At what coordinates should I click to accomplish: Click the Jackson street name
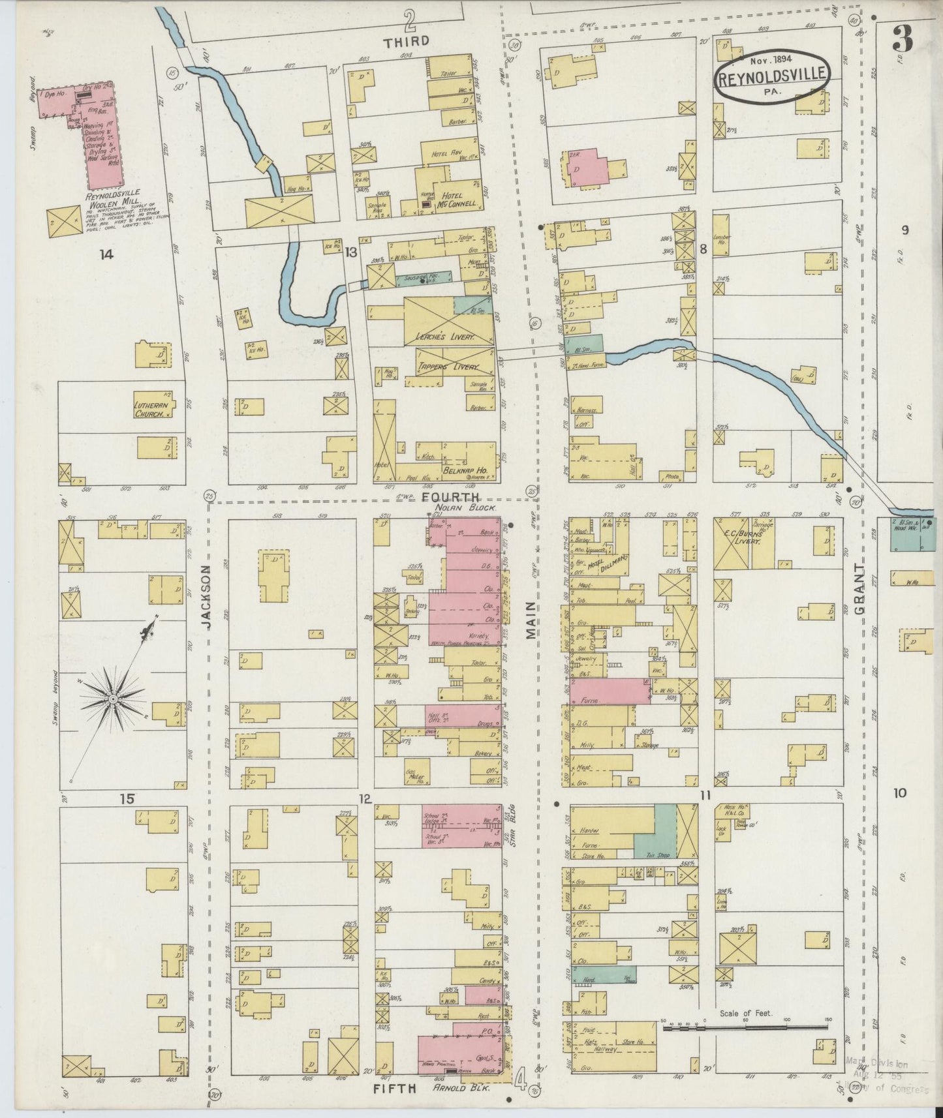click(206, 597)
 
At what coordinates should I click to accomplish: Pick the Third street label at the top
click(406, 41)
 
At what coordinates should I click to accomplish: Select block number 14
click(106, 255)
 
